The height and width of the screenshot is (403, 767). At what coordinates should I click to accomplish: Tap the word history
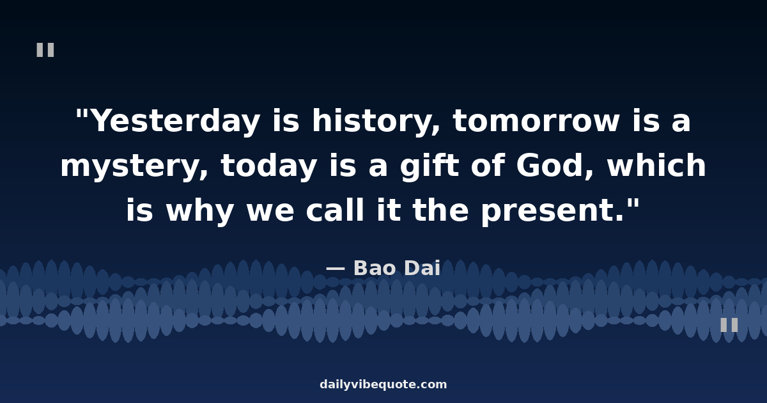pyautogui.click(x=376, y=121)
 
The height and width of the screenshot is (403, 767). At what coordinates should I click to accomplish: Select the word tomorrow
pyautogui.click(x=536, y=121)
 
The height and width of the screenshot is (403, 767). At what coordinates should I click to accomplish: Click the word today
pyautogui.click(x=269, y=166)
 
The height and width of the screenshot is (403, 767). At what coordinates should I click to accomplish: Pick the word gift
pyautogui.click(x=430, y=166)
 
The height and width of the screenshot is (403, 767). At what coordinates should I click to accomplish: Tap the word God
pyautogui.click(x=554, y=165)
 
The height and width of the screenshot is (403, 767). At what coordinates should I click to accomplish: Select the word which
pyautogui.click(x=656, y=165)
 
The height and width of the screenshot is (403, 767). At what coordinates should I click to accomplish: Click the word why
pyautogui.click(x=200, y=210)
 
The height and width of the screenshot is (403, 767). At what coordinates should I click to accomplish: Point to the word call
pyautogui.click(x=334, y=209)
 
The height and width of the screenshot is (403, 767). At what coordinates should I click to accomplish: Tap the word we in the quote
pyautogui.click(x=270, y=212)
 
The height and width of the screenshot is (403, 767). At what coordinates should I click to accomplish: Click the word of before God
pyautogui.click(x=488, y=165)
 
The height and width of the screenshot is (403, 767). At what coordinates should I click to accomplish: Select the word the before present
pyautogui.click(x=440, y=209)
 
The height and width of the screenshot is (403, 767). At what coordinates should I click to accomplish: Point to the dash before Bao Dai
pyautogui.click(x=335, y=269)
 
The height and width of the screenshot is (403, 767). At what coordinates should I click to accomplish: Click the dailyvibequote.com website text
pyautogui.click(x=383, y=384)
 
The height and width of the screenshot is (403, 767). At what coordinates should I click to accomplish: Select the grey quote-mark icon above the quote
pyautogui.click(x=45, y=50)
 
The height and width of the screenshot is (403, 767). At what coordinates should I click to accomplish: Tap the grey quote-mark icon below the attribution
pyautogui.click(x=729, y=325)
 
